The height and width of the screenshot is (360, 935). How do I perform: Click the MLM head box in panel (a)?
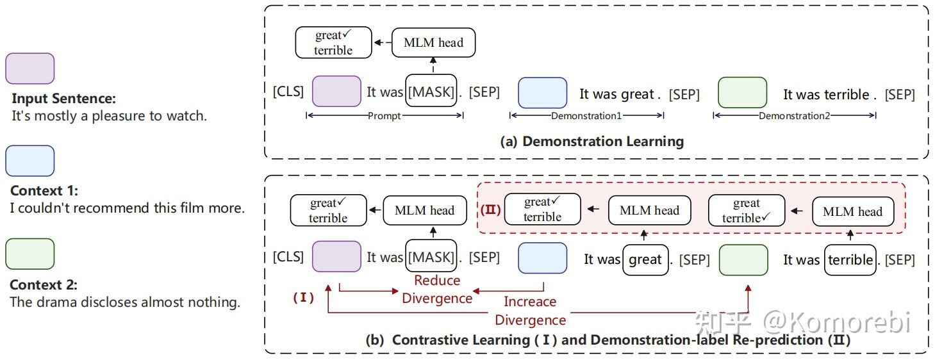pos(433,43)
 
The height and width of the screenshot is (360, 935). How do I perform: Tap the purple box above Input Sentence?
pos(29,69)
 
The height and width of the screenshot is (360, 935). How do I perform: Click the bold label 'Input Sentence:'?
pos(64,99)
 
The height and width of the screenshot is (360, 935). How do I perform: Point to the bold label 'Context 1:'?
pos(44,191)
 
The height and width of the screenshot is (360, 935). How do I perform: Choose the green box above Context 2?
pos(29,254)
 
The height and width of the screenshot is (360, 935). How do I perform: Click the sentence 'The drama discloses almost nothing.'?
pos(125,302)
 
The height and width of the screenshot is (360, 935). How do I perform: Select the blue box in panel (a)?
pos(542,92)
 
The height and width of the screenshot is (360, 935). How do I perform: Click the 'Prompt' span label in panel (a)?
pos(385,116)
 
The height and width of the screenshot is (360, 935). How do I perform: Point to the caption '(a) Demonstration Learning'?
pos(592,142)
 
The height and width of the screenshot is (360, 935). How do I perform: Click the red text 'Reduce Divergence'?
pos(437,289)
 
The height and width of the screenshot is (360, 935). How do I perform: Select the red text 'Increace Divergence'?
pos(530,311)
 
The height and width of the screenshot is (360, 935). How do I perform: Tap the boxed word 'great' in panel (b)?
pos(645,259)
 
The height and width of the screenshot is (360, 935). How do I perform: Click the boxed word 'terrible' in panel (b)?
pos(850,259)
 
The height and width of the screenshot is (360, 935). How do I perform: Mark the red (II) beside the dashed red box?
pos(491,209)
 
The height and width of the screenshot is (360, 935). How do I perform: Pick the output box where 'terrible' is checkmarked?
pos(746,211)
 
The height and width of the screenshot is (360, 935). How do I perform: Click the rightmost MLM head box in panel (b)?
pos(852,211)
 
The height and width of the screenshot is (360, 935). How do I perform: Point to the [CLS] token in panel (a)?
pos(288,92)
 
